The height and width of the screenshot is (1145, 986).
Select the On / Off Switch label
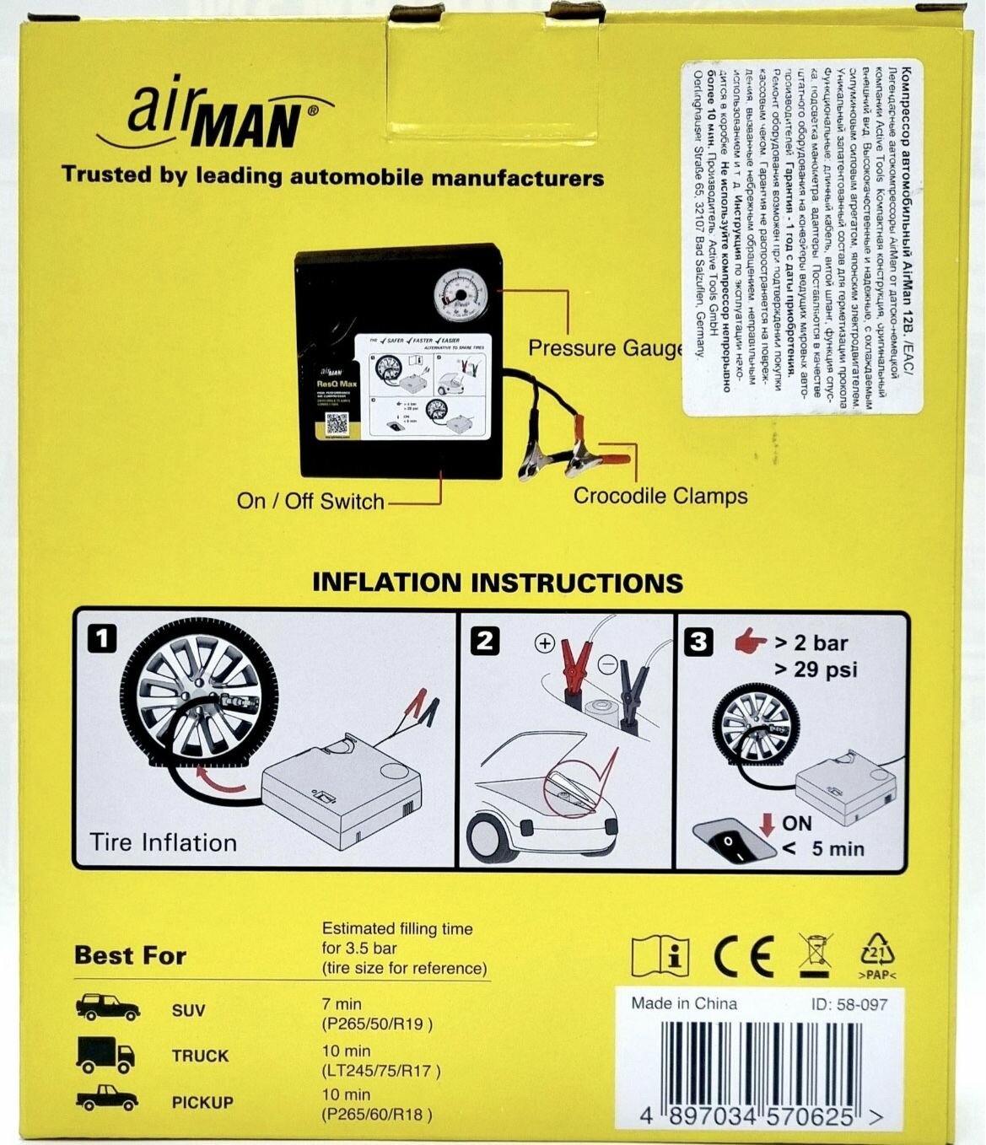click(x=310, y=501)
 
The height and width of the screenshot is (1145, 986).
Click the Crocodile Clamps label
click(x=660, y=496)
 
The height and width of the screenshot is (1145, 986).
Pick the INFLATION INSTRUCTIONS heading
click(x=497, y=583)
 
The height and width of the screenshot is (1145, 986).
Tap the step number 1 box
click(x=102, y=639)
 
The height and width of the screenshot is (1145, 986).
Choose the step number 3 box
click(x=698, y=642)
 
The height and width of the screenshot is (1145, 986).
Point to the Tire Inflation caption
click(x=164, y=842)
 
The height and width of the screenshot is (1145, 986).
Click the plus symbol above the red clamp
click(x=545, y=644)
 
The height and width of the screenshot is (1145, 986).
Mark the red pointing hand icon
click(x=750, y=642)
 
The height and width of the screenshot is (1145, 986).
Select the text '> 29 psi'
click(x=816, y=669)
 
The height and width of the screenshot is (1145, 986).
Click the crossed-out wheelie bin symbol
click(x=814, y=955)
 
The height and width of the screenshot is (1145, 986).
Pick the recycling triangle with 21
click(x=877, y=956)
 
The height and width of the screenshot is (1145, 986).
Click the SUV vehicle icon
click(x=108, y=1008)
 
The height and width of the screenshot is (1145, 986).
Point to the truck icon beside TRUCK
click(x=105, y=1054)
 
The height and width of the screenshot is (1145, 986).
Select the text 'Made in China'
click(x=684, y=1003)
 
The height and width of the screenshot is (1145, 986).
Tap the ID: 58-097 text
click(x=849, y=1004)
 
